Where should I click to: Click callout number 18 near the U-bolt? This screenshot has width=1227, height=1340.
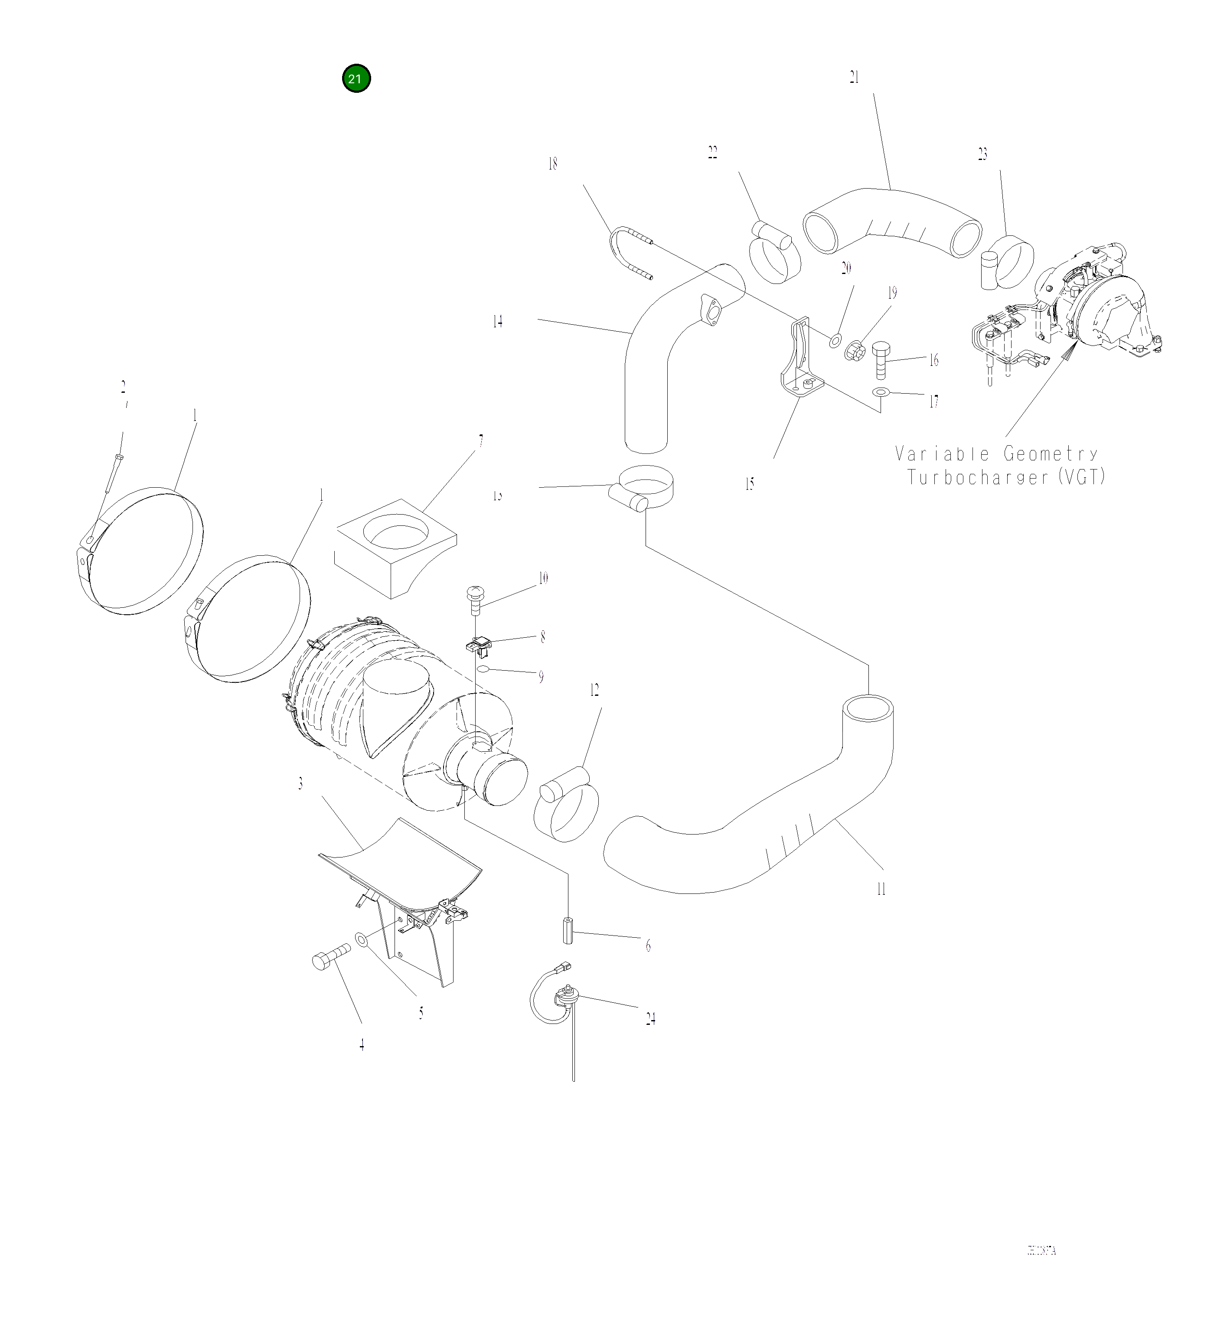(x=552, y=163)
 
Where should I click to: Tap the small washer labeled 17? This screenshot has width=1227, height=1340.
(x=881, y=393)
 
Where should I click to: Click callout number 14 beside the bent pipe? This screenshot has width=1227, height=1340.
(x=497, y=322)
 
